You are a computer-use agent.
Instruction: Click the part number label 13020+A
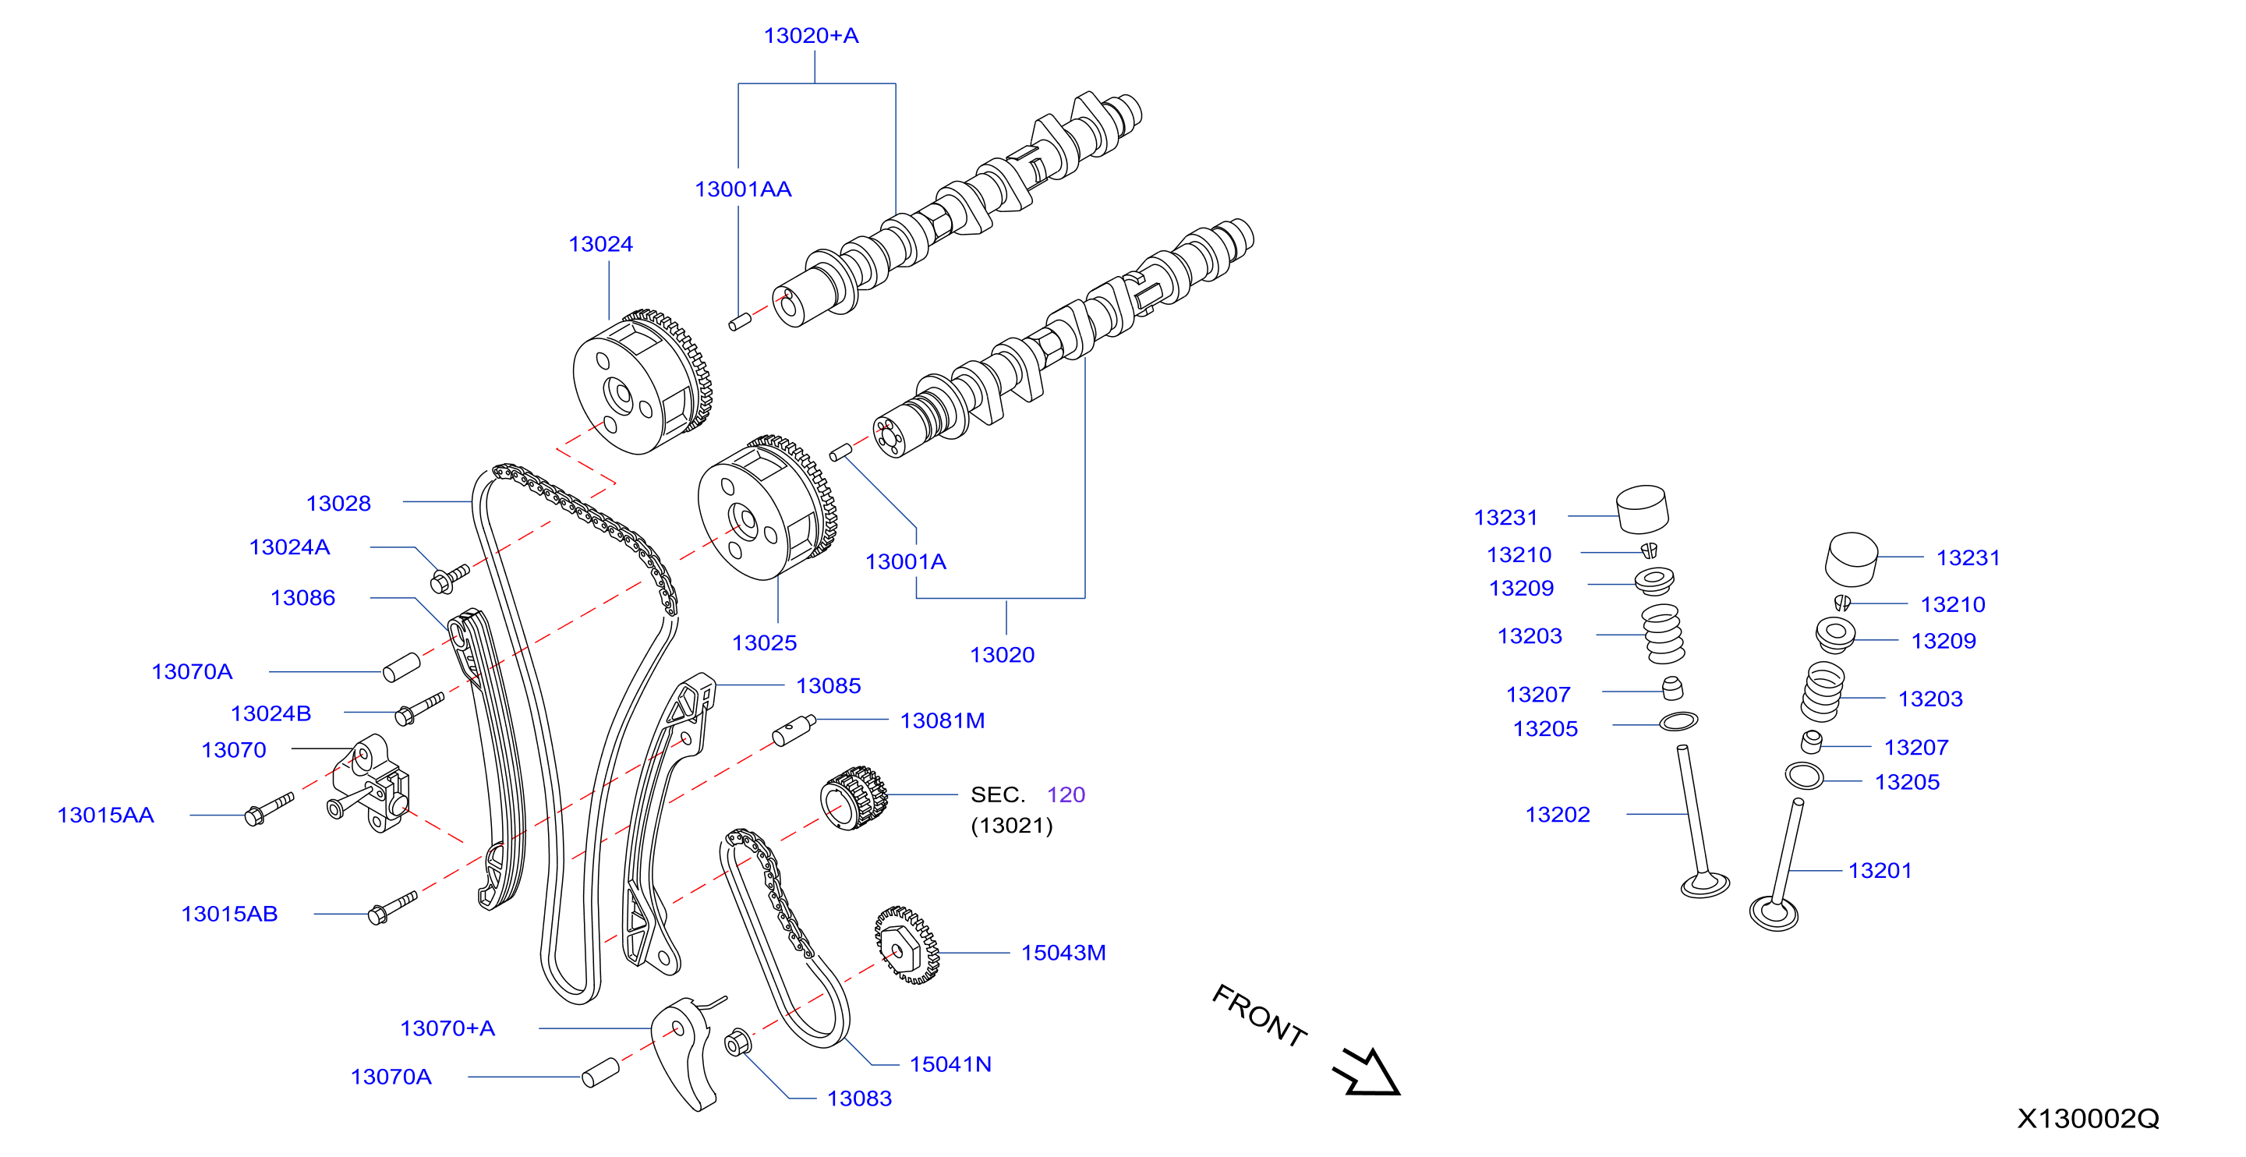811,36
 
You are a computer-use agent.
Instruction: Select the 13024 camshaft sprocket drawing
642,381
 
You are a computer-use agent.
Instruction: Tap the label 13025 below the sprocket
764,642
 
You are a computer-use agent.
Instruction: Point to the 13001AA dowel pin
741,323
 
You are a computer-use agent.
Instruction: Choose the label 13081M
943,720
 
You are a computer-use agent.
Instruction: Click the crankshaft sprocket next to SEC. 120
854,798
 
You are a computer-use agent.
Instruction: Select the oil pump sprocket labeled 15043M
907,945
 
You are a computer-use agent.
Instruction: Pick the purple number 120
1066,794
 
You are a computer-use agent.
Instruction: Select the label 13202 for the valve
1557,815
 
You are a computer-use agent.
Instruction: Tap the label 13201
1880,870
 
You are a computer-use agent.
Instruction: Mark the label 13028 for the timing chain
338,503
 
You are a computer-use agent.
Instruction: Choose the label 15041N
950,1063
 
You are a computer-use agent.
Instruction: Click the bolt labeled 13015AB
392,907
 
